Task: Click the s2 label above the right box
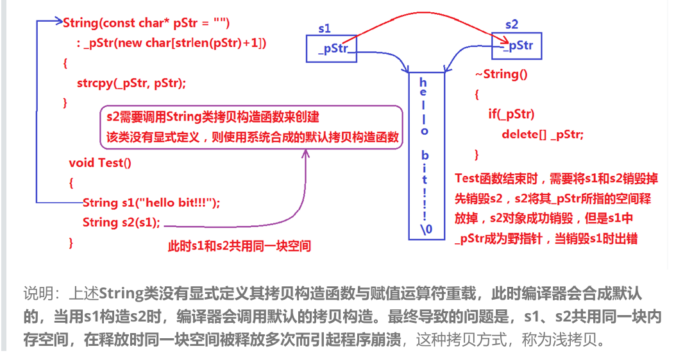[511, 25]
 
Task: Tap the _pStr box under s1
[332, 49]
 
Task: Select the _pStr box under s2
[517, 46]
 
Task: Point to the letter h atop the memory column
[423, 82]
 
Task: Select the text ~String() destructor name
[501, 74]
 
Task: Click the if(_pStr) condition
[511, 114]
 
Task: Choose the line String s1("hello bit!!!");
[151, 202]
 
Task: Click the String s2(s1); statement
[122, 222]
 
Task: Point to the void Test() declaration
[100, 162]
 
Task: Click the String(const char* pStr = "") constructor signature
[146, 23]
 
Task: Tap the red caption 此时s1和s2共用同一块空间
[239, 246]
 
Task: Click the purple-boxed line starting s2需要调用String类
[213, 117]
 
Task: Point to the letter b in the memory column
[423, 156]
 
